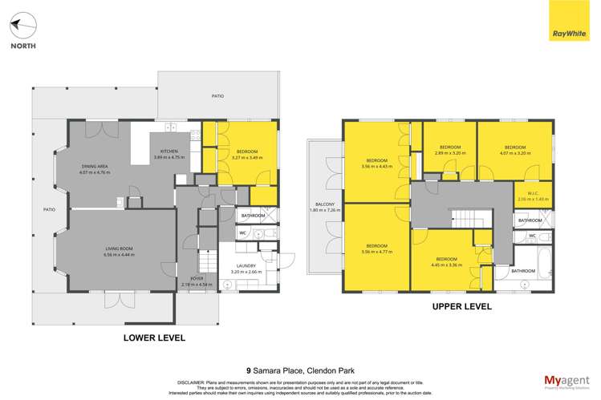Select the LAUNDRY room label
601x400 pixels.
[x=246, y=269]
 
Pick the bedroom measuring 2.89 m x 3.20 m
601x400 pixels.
[x=449, y=149]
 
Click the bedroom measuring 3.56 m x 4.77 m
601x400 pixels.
[x=376, y=248]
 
